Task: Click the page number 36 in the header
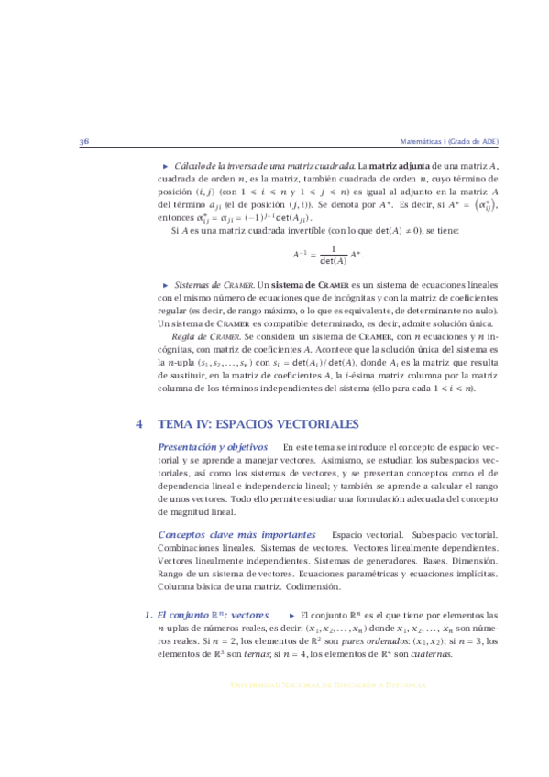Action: coord(83,142)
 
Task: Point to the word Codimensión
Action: coord(311,585)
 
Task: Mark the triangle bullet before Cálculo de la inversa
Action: coord(166,166)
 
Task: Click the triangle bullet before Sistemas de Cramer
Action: coord(166,286)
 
